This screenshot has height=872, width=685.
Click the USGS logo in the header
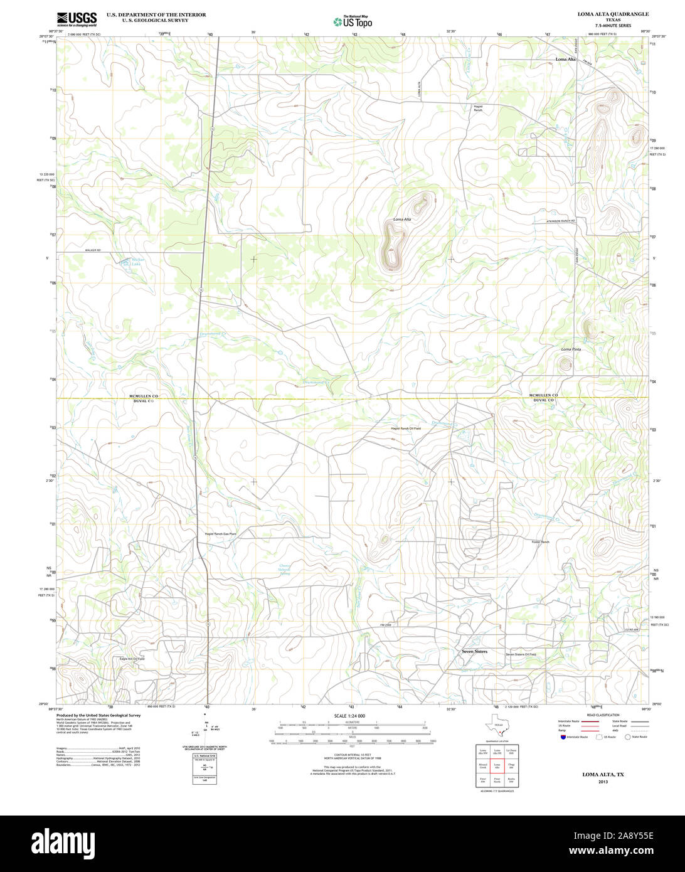pos(77,19)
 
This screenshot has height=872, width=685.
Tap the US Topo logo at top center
pos(353,22)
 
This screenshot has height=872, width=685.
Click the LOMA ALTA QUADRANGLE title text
pos(604,14)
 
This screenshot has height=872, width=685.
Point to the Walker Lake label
pos(133,262)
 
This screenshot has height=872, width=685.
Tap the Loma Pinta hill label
pos(570,349)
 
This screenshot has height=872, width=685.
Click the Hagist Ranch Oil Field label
pos(406,428)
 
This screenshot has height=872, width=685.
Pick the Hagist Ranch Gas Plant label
pos(220,534)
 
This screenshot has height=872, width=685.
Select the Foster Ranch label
pos(540,541)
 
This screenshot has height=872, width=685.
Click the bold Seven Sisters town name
pos(474,652)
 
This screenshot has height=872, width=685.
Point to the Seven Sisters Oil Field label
pos(521,654)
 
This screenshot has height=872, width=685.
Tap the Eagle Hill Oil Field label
pos(132,659)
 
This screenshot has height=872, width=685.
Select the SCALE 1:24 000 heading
pos(349,716)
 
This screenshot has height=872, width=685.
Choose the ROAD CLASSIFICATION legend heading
pos(602,715)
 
